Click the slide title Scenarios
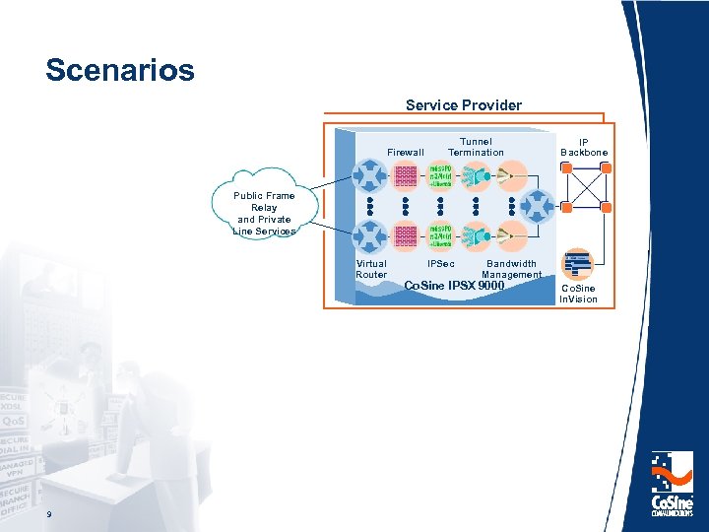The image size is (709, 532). pyautogui.click(x=120, y=71)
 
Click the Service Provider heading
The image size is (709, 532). pyautogui.click(x=464, y=104)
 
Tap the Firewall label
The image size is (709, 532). pyautogui.click(x=406, y=153)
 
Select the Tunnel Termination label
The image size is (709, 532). pyautogui.click(x=476, y=147)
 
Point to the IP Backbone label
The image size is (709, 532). pyautogui.click(x=584, y=147)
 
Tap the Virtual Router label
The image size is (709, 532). pyautogui.click(x=371, y=269)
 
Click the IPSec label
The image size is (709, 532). pyautogui.click(x=440, y=264)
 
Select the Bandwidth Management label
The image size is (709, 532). pyautogui.click(x=512, y=269)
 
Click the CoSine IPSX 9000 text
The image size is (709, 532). pyautogui.click(x=454, y=287)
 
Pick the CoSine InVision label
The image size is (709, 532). pyautogui.click(x=579, y=294)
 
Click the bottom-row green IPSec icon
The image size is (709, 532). pyautogui.click(x=440, y=235)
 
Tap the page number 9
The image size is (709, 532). pyautogui.click(x=46, y=516)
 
